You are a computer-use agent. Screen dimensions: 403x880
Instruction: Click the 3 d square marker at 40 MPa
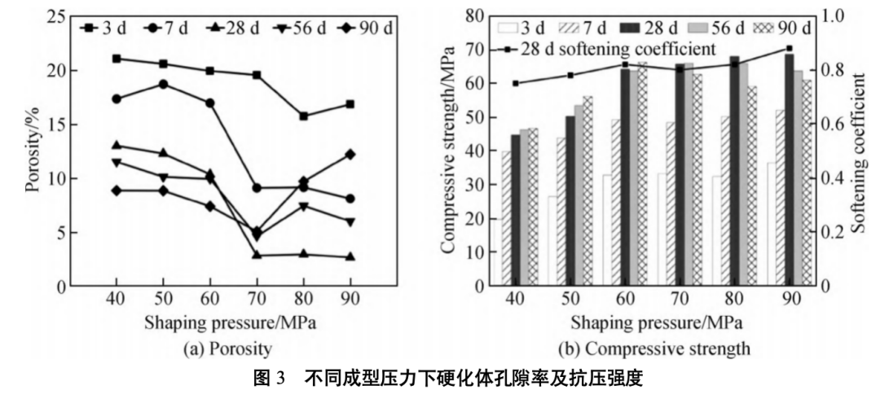117,59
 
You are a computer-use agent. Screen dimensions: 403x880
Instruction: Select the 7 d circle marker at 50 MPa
163,84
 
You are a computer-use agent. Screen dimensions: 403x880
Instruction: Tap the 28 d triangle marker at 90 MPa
350,256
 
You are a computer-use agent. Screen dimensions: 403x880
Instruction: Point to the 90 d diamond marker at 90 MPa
350,154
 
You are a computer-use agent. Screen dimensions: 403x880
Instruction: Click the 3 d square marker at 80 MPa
303,116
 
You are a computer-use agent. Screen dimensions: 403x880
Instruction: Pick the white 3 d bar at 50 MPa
552,241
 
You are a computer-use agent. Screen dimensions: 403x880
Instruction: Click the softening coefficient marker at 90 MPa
789,48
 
